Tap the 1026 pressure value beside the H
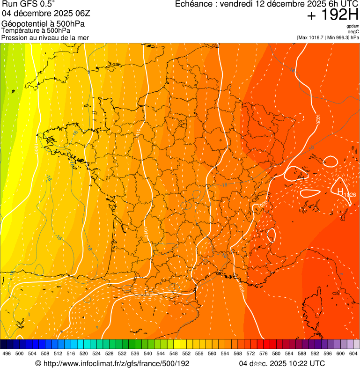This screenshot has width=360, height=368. click(350, 195)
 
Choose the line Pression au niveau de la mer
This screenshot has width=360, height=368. click(45, 37)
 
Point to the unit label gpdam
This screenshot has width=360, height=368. click(353, 26)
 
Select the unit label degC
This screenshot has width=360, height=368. click(353, 31)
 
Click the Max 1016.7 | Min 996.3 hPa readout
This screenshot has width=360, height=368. click(328, 37)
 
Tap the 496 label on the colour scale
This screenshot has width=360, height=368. click(7, 353)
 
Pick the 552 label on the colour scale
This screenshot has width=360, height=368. click(186, 353)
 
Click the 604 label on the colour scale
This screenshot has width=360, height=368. click(353, 353)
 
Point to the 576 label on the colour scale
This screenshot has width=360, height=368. click(264, 353)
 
